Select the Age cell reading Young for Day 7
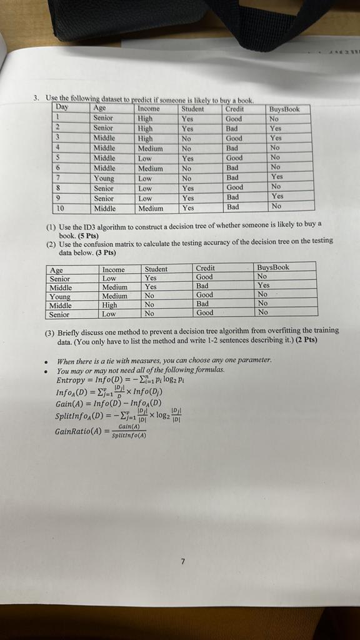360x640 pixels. [104, 178]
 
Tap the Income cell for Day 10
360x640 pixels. [151, 208]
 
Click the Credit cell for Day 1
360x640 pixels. [234, 118]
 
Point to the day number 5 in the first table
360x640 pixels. [57, 158]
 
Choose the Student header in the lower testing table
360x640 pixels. [156, 269]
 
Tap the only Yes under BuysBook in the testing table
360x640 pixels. [264, 285]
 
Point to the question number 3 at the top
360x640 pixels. [37, 98]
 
